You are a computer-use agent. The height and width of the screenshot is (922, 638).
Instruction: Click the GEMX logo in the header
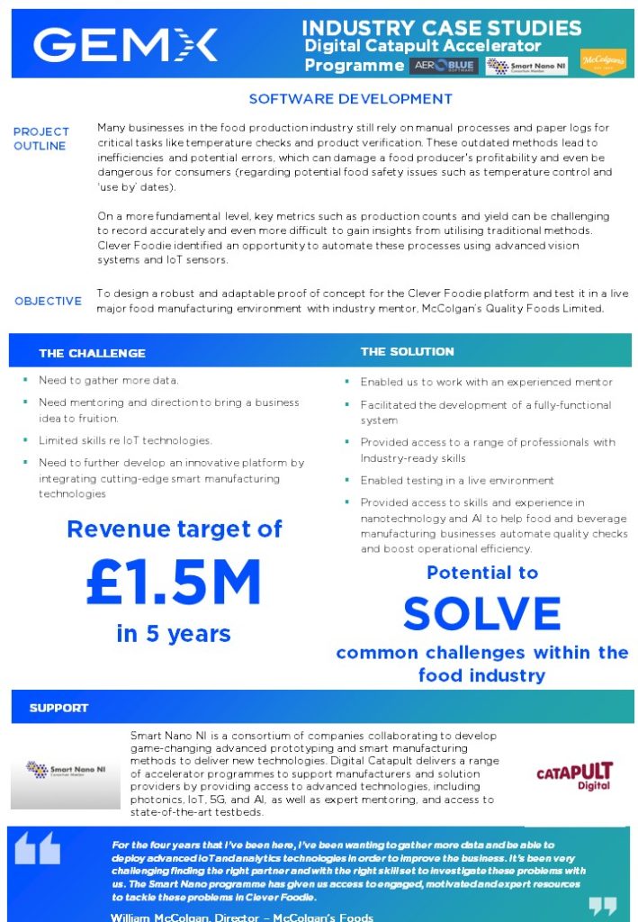tap(125, 44)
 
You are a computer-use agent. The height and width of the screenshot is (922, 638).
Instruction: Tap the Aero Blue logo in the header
tap(443, 66)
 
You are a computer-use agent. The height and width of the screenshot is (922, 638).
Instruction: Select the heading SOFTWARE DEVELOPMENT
tap(350, 99)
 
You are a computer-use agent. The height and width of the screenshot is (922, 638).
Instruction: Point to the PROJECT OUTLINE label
tap(40, 139)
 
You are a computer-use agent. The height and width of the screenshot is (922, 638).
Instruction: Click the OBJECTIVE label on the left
tap(48, 301)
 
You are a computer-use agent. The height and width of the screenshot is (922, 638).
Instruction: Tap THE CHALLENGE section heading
tap(92, 353)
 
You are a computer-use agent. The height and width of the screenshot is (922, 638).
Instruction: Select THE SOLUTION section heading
tap(407, 351)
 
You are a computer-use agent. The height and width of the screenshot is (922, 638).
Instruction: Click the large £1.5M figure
tap(174, 583)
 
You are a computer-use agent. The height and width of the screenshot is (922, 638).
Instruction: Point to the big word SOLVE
tap(482, 614)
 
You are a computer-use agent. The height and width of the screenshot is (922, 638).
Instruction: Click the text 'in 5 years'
tap(175, 634)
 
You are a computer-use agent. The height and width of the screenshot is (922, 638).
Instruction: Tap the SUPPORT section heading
tap(58, 708)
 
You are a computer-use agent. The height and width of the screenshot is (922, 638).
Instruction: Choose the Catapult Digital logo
tap(573, 775)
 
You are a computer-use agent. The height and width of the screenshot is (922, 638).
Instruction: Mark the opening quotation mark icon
tap(38, 848)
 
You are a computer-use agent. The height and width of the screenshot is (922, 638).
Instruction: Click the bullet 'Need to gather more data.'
tap(108, 381)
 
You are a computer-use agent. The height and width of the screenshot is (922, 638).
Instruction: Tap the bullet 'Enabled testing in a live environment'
tap(457, 481)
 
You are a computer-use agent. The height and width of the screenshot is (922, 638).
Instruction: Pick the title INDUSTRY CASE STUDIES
tap(441, 28)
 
